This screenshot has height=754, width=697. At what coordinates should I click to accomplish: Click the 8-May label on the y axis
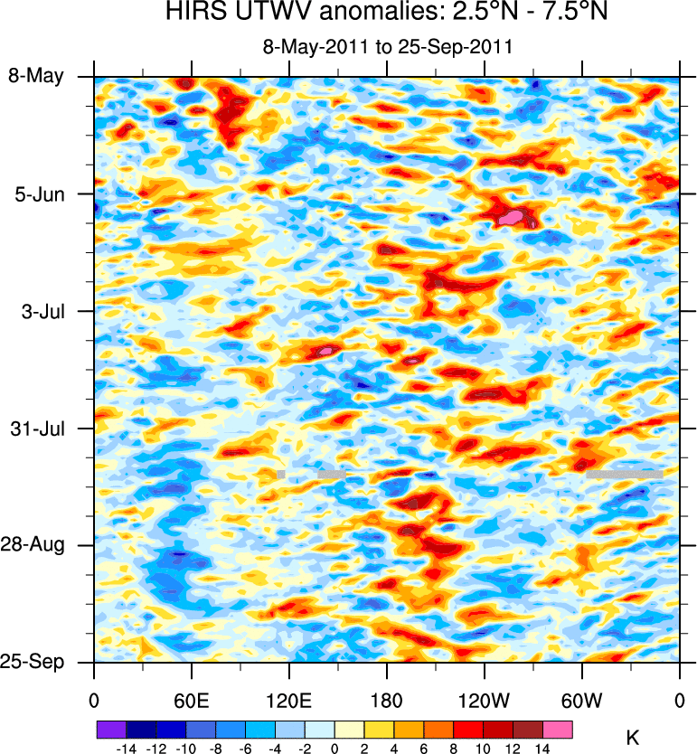(37, 76)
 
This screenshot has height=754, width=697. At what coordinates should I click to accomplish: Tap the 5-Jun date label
(38, 193)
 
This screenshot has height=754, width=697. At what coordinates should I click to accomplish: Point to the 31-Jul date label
(38, 428)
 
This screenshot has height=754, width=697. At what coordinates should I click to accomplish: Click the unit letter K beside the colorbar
(632, 739)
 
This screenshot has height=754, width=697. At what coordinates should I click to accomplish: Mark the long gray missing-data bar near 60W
(624, 473)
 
